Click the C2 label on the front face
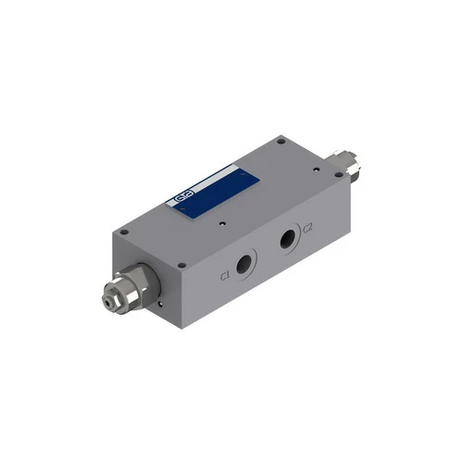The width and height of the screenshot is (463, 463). pyautogui.click(x=309, y=228)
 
